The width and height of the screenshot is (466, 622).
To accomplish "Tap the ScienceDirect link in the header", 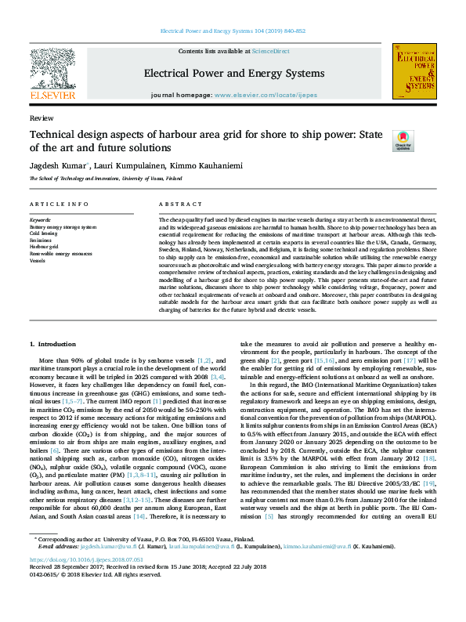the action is pos(270,51).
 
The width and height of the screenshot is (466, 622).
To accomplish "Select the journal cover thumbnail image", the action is pos(413,71).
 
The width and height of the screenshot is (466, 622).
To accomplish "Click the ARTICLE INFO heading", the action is pos(59,204).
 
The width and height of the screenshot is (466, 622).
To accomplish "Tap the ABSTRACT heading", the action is pos(175,204).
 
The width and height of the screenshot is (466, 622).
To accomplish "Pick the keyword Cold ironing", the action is pos(43,233).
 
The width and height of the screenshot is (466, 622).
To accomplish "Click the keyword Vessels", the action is pos(37,259).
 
